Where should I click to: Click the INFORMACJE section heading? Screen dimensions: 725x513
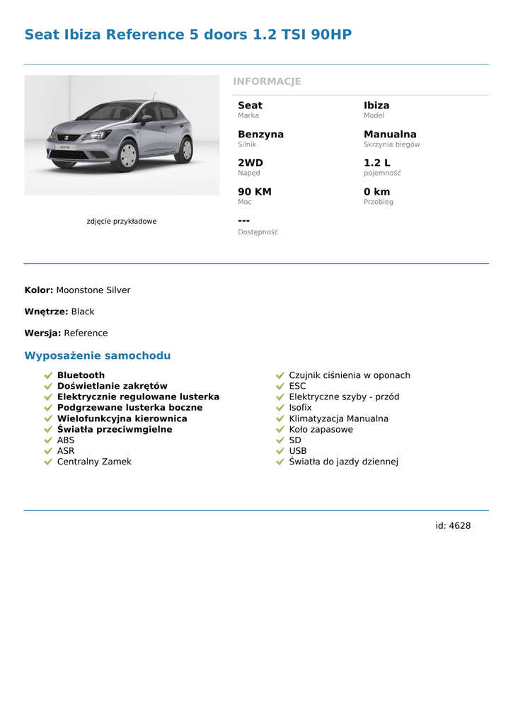pos(267,81)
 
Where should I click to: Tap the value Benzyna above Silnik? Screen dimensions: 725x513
pos(260,135)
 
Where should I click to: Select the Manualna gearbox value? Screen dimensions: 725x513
pos(390,135)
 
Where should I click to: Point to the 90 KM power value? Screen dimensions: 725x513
pos(255,192)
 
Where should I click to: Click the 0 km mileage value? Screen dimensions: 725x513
pos(376,192)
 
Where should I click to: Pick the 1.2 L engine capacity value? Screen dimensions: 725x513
pos(376,163)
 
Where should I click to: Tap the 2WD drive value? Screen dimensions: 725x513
pos(250,163)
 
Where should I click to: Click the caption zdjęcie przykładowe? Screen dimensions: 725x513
pos(122,222)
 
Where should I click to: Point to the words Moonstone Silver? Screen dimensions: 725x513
pos(93,290)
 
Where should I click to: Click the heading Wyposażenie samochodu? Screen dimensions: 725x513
pos(98,355)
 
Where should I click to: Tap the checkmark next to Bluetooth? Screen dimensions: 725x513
pos(48,375)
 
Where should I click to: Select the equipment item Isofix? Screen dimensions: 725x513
pos(300,408)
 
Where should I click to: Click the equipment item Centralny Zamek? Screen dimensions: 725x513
pos(94,462)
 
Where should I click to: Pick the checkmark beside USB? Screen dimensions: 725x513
pos(280,451)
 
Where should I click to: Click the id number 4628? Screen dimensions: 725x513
pos(460,526)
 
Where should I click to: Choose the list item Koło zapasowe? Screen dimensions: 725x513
pos(321,430)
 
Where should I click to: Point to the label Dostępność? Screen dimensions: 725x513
pos(258,232)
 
